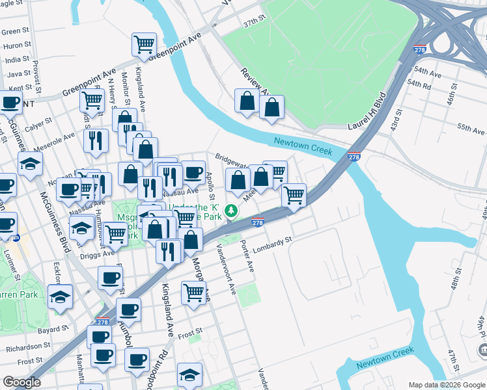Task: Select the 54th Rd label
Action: pos(419,85)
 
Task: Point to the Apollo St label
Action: pos(210,185)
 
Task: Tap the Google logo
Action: pos(21,382)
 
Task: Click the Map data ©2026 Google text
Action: pos(446,384)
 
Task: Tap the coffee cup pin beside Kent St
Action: pos(10,102)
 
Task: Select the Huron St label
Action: pos(13,45)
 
